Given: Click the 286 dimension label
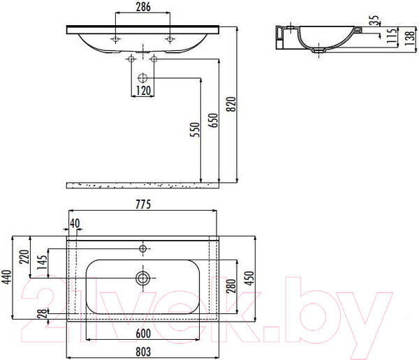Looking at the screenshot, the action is tap(143, 7).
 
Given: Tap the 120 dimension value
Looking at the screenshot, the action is tap(143, 91).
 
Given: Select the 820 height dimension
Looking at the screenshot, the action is tap(231, 104).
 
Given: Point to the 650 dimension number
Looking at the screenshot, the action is tap(213, 121).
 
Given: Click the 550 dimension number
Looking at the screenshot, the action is tap(195, 130).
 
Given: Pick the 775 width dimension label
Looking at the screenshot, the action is tap(143, 204).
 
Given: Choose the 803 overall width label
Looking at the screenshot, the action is tap(143, 352).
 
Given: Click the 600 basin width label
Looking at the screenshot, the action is tap(143, 333).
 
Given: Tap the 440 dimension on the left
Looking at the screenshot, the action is tap(7, 278).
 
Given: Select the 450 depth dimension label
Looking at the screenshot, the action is tap(249, 278).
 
